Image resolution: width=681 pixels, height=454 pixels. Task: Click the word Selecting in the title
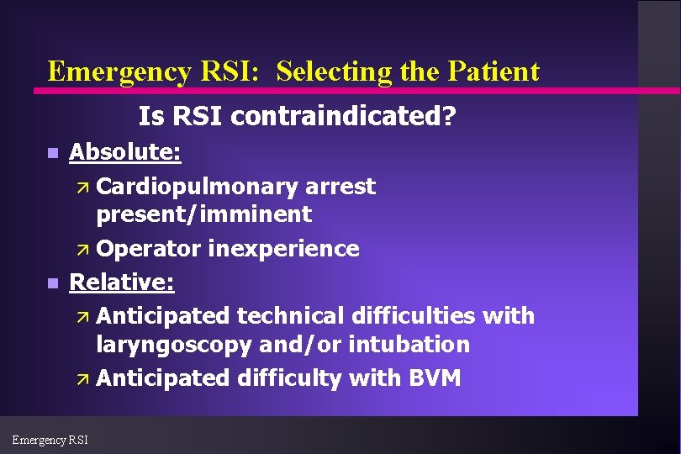pos(335,72)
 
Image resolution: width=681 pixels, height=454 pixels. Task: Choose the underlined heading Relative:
pos(122,282)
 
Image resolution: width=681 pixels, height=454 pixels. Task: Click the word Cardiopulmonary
pos(198,186)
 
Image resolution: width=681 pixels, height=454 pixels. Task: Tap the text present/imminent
pos(203,214)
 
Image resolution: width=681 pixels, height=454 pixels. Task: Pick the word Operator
pos(149,249)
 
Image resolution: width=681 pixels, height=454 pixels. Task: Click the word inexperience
pos(283,249)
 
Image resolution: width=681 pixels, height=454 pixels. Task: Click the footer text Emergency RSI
pos(50,438)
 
